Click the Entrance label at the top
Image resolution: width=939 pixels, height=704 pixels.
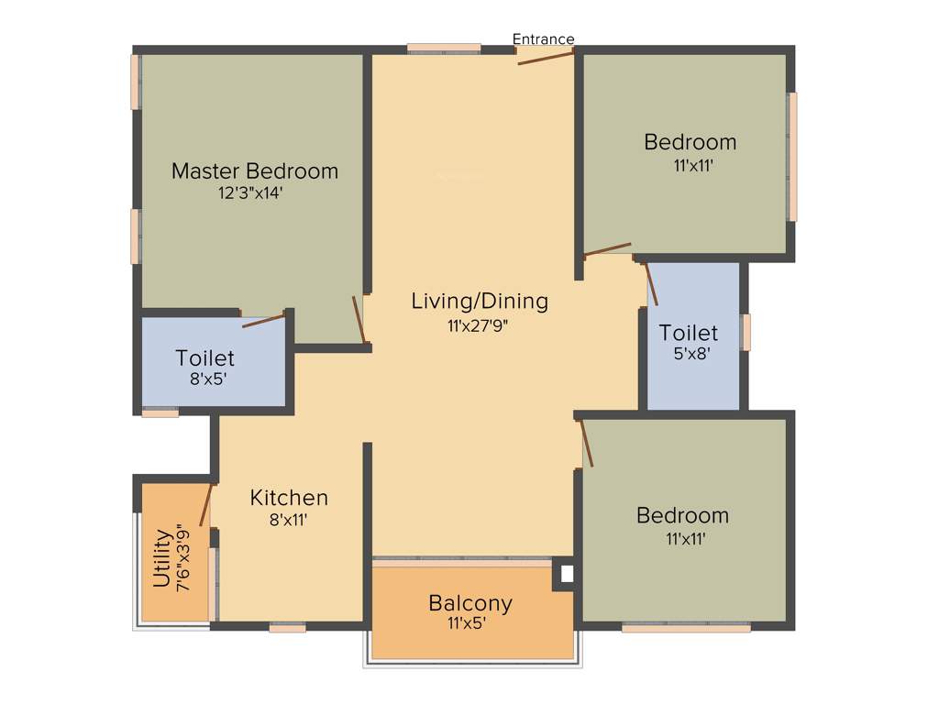543,38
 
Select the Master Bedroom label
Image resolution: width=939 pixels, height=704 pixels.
255,171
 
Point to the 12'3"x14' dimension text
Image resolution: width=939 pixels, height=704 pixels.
255,193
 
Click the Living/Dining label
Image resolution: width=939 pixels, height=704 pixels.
480,301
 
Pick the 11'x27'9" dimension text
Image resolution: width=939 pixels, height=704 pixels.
480,324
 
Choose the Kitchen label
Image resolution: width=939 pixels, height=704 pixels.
289,498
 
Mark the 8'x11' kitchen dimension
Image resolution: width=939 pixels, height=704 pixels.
289,520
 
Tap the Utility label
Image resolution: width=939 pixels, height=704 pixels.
162,557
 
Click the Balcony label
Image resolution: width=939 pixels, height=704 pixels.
470,603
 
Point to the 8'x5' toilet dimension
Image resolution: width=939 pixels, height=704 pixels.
205,378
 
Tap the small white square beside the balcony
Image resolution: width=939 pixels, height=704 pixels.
566,575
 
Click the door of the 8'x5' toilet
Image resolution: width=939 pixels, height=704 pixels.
264,320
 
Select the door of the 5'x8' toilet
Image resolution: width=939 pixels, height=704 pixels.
651,284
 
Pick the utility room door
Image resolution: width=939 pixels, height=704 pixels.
206,504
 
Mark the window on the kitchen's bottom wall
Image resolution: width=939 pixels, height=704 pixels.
287,628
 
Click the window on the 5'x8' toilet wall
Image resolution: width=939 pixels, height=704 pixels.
746,332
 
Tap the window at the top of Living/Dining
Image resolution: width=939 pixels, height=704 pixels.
444,48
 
